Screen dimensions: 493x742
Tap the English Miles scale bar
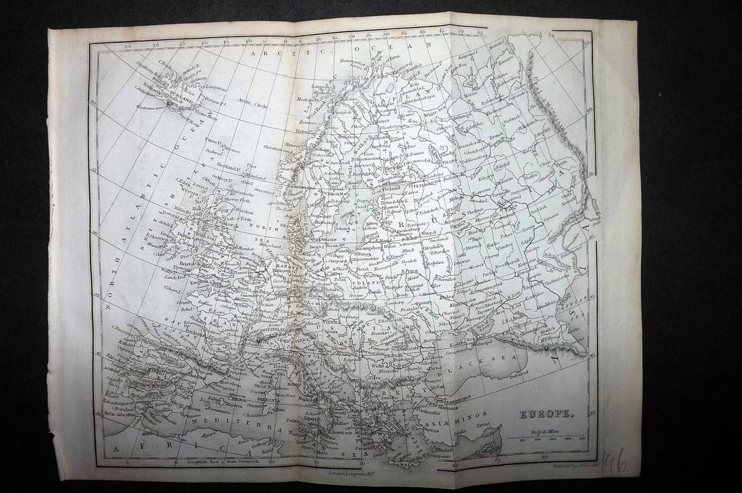pos(547,437)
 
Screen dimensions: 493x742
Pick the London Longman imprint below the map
pos(343,474)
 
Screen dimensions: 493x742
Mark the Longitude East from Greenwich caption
pos(211,462)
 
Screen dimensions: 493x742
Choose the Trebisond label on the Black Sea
pos(518,372)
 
